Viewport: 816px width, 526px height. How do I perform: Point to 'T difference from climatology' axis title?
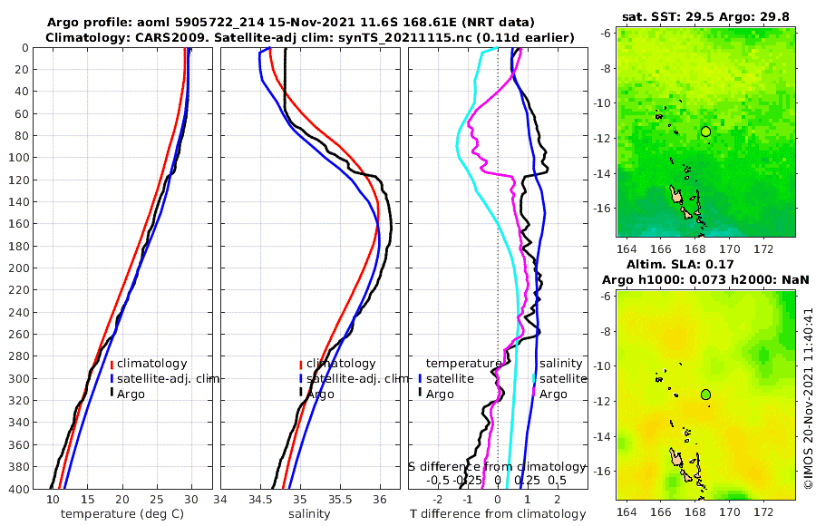coord(497,514)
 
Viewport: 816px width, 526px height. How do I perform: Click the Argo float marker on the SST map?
coord(705,131)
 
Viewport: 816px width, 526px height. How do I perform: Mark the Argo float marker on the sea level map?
coord(705,394)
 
